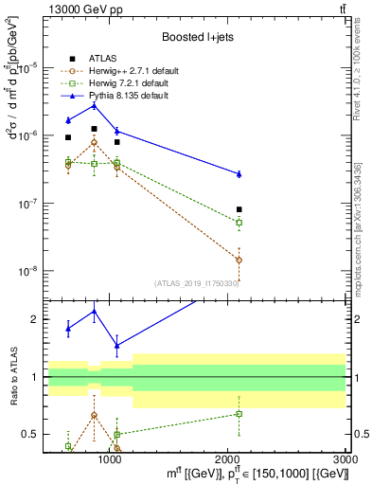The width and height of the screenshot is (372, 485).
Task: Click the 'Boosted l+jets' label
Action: (195, 37)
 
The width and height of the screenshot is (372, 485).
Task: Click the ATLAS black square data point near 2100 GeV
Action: (239, 209)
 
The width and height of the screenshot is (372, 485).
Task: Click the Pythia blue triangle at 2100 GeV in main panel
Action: (239, 173)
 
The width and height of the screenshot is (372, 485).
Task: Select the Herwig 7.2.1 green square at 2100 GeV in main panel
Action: (239, 223)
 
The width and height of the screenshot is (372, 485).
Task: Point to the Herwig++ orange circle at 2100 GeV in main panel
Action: (239, 260)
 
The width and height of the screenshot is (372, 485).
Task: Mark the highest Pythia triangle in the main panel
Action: (94, 105)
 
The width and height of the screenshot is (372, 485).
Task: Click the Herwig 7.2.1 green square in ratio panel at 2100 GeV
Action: (239, 413)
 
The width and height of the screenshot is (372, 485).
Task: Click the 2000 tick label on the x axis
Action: (229, 457)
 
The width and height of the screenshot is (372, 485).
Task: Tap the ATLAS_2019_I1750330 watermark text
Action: (197, 282)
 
